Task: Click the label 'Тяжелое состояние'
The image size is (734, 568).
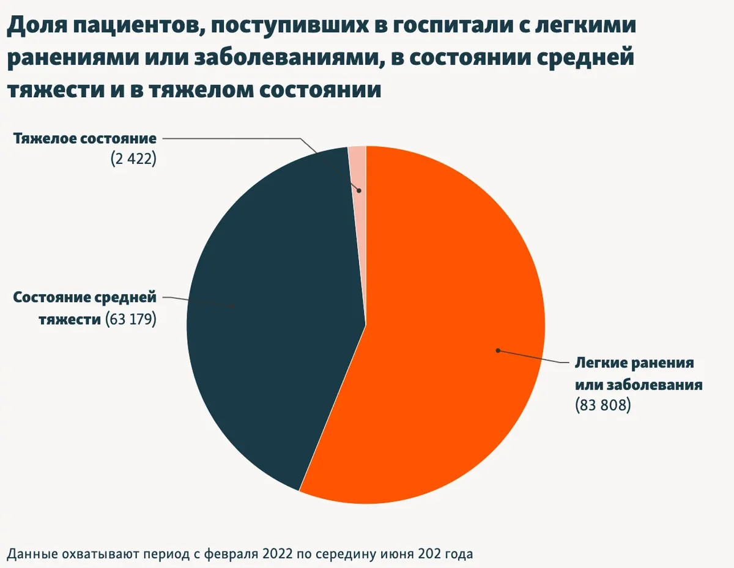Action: pos(84,138)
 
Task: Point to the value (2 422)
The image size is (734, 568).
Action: pos(133,159)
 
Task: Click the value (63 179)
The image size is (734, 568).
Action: pos(131,319)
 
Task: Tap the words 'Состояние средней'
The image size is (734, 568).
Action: pos(85,298)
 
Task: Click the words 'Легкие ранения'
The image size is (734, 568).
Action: pos(634,363)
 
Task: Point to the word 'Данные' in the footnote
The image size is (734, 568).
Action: pos(29,554)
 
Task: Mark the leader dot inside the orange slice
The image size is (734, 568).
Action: pos(498,350)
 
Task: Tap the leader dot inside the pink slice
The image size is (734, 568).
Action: pos(359,191)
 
